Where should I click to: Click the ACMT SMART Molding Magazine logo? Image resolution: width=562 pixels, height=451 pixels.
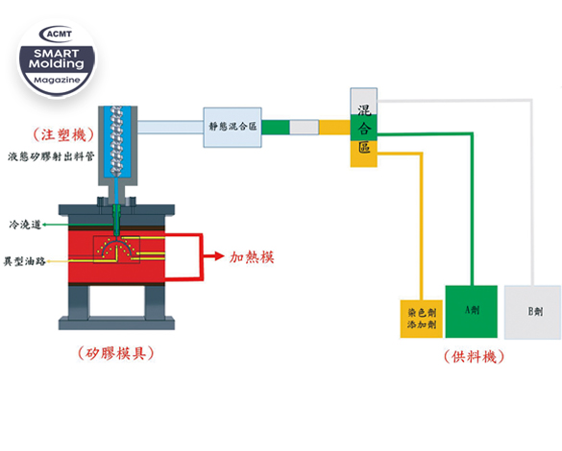58,58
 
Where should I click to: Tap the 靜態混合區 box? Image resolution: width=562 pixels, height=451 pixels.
232,127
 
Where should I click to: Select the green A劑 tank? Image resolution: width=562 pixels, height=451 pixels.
472,312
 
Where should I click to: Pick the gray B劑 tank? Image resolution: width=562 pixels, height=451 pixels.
532,312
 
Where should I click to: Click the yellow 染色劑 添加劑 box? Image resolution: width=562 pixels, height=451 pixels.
422,319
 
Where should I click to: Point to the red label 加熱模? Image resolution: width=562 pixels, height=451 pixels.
252,257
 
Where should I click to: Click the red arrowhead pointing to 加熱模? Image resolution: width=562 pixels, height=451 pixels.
219,256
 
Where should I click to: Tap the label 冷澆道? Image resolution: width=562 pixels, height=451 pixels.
25,225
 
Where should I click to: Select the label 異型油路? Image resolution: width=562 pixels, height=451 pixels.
25,261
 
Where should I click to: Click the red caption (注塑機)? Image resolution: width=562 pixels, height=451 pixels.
63,135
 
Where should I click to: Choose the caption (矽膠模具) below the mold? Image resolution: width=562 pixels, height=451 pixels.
116,353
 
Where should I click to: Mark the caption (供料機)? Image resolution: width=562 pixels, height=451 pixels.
474,357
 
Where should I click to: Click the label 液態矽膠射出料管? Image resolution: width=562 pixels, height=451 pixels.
51,156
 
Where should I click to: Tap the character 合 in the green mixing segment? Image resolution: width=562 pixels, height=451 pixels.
363,129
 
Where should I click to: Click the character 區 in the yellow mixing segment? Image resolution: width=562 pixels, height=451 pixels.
364,147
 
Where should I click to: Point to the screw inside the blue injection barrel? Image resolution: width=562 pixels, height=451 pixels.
116,140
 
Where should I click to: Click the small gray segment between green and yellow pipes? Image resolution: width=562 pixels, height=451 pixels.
304,127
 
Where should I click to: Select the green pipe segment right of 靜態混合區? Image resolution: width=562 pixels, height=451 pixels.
276,127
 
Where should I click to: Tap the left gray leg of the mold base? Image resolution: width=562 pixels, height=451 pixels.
79,302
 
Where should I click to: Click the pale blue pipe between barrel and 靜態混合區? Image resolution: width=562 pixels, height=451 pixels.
170,127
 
